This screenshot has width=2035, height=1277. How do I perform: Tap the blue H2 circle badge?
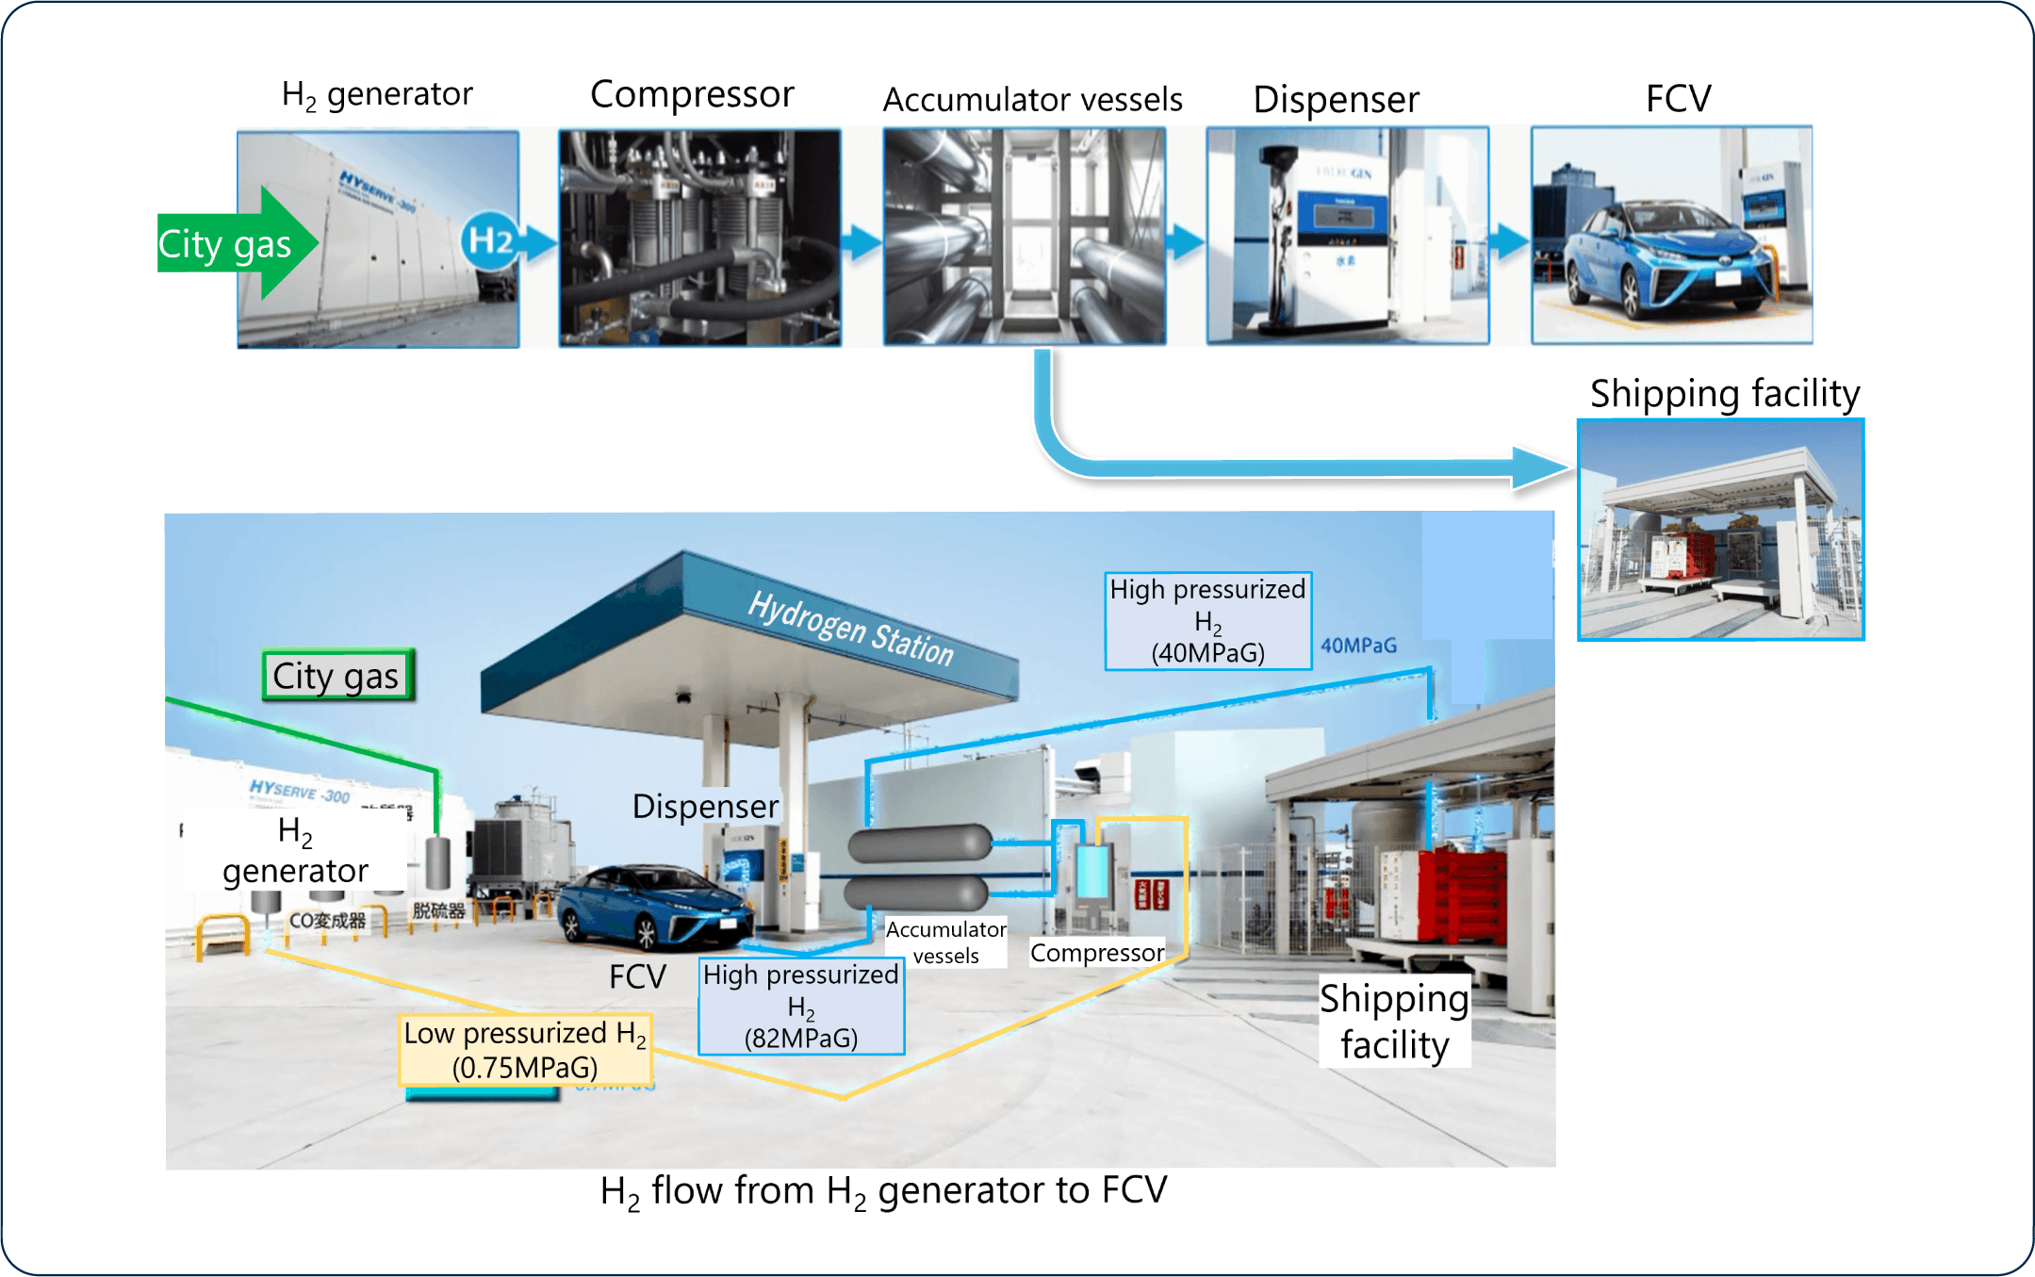490,241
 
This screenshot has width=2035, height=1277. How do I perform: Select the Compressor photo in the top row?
699,237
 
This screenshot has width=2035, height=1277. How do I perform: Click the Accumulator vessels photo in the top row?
1025,236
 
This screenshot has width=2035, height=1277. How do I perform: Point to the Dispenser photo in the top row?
1348,236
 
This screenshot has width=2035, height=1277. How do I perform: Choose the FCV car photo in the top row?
1671,236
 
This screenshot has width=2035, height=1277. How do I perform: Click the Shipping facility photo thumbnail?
1721,530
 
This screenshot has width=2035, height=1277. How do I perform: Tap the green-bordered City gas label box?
336,676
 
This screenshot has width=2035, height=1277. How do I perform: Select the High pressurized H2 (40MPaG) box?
1207,621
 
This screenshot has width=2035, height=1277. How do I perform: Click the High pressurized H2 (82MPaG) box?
801,1007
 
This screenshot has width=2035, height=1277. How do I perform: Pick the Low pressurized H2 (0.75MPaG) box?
525,1050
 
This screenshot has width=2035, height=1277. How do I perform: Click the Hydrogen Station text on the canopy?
850,628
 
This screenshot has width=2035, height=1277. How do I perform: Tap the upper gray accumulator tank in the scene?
920,843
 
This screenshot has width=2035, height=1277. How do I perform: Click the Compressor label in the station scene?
1096,953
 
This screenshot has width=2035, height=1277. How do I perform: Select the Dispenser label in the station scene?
705,807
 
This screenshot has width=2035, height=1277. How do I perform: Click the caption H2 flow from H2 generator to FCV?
883,1191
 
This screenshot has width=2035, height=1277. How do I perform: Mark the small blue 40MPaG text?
1358,646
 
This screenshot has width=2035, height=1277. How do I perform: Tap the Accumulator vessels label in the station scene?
945,942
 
